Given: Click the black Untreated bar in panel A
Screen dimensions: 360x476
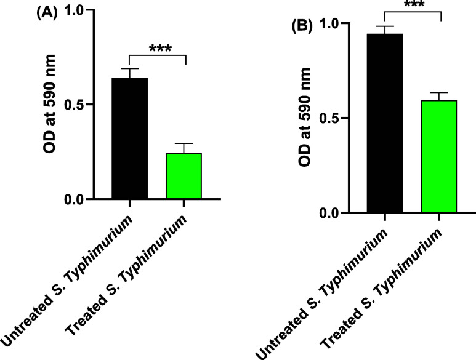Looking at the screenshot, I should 129,138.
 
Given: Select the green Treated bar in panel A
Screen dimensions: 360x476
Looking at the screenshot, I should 184,176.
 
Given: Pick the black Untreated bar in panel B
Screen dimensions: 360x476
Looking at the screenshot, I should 384,123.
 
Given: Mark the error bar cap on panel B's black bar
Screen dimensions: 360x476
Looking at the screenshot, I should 384,26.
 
